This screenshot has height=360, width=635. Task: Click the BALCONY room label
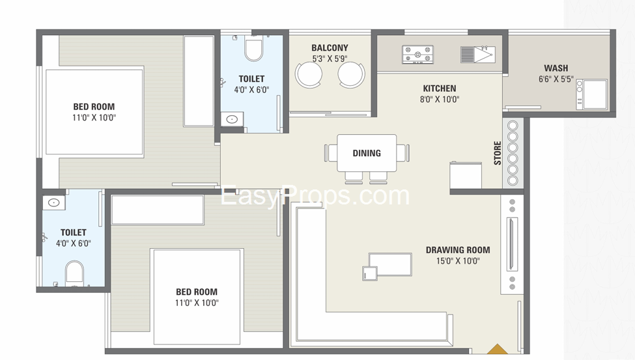point(330,48)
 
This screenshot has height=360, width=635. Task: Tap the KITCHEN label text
point(440,89)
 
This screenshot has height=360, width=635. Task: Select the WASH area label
point(556,68)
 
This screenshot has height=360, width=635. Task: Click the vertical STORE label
point(498,153)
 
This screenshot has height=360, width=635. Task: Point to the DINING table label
point(367,153)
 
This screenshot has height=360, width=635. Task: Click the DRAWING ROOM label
point(458,250)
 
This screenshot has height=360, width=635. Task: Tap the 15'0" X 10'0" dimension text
point(458,261)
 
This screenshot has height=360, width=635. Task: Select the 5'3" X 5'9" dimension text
point(330,59)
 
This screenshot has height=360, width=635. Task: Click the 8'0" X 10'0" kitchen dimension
point(440,100)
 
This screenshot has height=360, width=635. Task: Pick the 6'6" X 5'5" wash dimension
point(556,79)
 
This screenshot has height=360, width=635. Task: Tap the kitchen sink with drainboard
point(478,54)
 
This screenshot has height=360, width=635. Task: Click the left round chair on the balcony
point(309,74)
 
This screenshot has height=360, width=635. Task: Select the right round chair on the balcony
point(351,74)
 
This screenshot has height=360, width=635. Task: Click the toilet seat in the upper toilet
point(253,49)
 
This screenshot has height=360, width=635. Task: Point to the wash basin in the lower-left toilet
point(53,202)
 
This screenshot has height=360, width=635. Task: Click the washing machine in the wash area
point(595,94)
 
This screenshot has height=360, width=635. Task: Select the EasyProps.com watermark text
point(316,195)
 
